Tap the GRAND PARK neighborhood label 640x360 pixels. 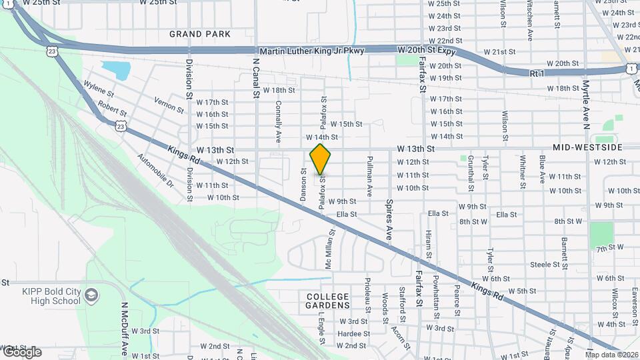tap(200, 34)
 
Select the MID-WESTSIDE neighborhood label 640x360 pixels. tap(587, 147)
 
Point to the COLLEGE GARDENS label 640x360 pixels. tap(328, 301)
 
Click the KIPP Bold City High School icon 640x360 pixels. tap(91, 294)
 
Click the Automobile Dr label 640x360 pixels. tap(155, 171)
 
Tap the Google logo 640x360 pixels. tap(21, 352)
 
